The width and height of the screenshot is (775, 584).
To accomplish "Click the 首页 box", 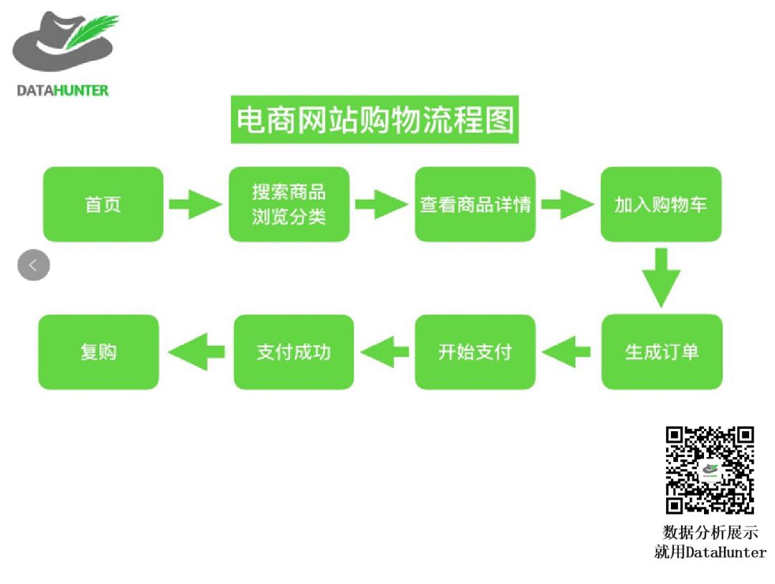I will click(103, 204).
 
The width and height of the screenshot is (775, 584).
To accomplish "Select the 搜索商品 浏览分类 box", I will click(289, 204).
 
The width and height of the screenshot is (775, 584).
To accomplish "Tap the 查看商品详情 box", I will click(475, 204).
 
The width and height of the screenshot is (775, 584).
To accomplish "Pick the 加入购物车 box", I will click(661, 204).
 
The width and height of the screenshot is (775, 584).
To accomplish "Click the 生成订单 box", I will click(662, 352).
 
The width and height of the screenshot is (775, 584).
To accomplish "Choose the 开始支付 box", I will click(475, 352).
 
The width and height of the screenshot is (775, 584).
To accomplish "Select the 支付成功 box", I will click(293, 352).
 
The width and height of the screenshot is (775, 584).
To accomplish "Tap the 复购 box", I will click(98, 352).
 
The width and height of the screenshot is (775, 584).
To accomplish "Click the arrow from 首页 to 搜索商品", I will click(195, 204).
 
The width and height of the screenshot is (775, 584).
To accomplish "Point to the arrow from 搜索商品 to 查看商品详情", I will click(382, 204).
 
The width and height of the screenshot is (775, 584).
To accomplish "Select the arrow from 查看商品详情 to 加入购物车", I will click(568, 204).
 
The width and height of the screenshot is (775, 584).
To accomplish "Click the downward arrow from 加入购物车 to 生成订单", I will click(661, 277).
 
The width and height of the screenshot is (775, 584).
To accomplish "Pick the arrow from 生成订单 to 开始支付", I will click(567, 352).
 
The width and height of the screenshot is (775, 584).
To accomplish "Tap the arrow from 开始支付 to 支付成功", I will click(385, 352).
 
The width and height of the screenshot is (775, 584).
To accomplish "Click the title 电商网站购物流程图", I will click(375, 120).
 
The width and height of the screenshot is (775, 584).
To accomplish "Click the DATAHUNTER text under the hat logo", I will click(62, 90).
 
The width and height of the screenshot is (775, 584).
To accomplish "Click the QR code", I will click(710, 470).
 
